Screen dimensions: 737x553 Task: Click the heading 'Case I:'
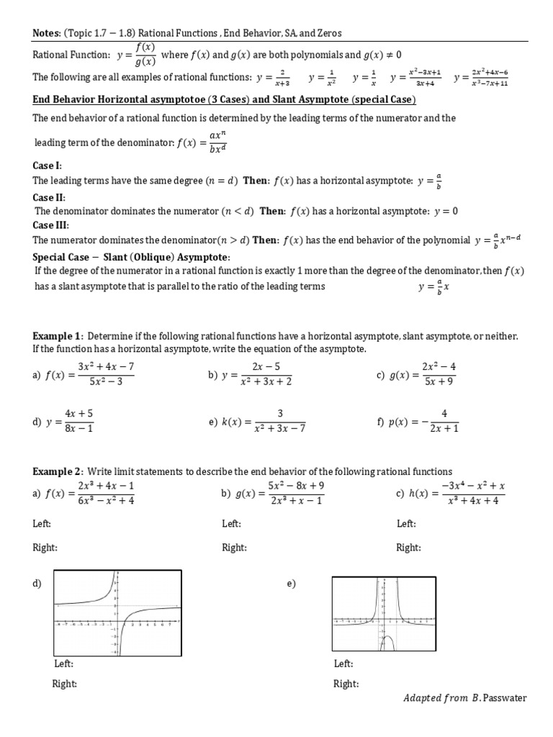[48, 166]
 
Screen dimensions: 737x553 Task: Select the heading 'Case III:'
[51, 225]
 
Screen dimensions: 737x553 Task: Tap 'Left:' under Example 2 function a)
[42, 524]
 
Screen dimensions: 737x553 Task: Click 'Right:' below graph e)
[346, 683]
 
